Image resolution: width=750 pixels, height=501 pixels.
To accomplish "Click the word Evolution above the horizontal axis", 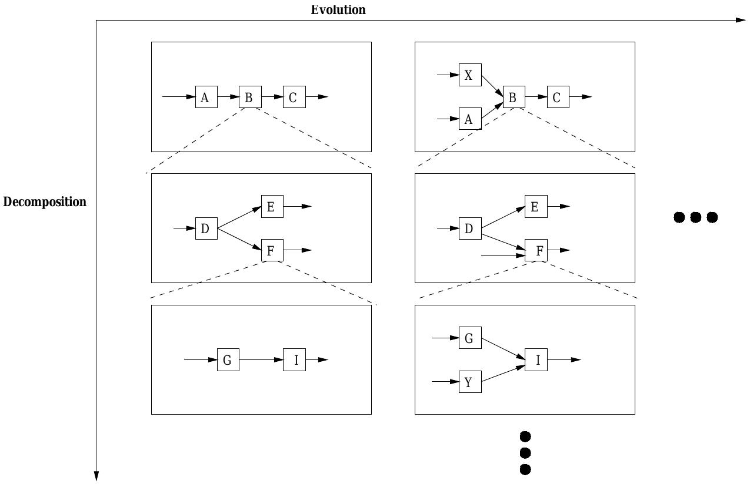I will [x=338, y=10].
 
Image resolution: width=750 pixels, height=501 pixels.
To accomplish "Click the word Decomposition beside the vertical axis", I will [x=45, y=202].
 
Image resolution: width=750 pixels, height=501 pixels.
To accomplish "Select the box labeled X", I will [x=469, y=75].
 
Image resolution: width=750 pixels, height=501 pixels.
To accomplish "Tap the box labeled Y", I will [x=469, y=382].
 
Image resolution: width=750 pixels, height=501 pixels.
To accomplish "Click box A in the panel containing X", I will [x=469, y=119].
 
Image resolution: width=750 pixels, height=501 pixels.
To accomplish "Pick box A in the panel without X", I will [x=206, y=97].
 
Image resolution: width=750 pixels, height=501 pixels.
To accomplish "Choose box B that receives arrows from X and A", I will [x=513, y=97].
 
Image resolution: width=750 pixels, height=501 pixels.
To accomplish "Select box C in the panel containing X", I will [x=558, y=97].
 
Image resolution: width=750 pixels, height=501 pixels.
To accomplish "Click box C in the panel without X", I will [x=294, y=97].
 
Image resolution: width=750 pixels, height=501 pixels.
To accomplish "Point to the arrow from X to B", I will [x=492, y=85].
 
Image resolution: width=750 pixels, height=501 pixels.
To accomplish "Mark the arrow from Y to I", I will [x=503, y=374].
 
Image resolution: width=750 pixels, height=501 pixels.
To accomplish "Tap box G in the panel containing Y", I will [x=469, y=338].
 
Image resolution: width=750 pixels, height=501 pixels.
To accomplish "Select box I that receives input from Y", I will [x=536, y=360].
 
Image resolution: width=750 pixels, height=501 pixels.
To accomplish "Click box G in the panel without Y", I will [x=228, y=360].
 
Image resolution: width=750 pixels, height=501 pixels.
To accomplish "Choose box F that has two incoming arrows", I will [x=536, y=251].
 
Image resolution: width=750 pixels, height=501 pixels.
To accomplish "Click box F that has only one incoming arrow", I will [x=272, y=251].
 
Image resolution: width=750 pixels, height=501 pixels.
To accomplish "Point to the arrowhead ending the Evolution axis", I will [x=741, y=20].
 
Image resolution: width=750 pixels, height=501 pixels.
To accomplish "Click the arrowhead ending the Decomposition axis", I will [x=96, y=476].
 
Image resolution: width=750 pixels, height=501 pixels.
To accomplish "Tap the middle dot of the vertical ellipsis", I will [x=525, y=453].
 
